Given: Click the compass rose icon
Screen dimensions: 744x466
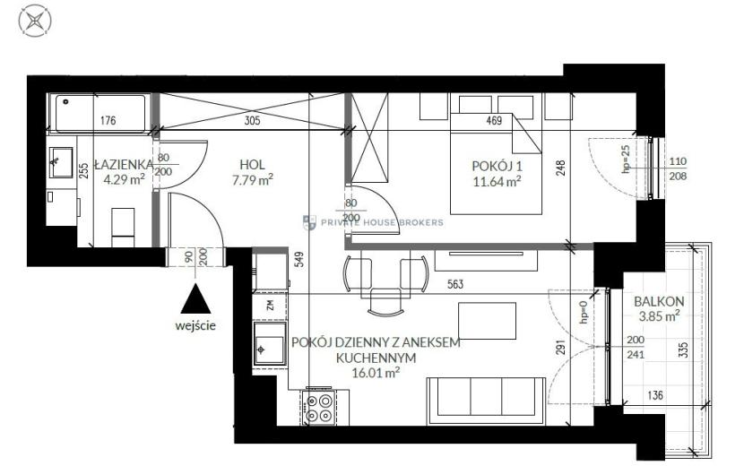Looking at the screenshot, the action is tap(35, 21).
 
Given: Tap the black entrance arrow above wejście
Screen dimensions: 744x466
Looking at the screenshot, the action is tap(195, 298).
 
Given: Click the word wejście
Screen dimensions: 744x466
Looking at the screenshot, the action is tap(195, 326).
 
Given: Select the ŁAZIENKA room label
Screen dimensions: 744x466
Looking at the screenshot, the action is tap(124, 165).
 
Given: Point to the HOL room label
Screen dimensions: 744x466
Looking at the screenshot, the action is tap(252, 165).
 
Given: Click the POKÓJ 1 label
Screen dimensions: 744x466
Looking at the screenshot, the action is tap(497, 166).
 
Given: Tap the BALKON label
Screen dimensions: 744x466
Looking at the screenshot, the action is tap(659, 301).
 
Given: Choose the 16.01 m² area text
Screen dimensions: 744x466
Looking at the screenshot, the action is tap(376, 373).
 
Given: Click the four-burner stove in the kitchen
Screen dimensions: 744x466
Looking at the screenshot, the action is tap(318, 408).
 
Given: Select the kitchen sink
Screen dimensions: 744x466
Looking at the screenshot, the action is tap(270, 344).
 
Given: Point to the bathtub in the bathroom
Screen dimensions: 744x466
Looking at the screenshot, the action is tap(100, 114).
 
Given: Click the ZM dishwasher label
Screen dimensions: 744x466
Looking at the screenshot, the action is tap(271, 305).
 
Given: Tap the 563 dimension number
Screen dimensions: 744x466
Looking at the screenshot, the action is tap(455, 284).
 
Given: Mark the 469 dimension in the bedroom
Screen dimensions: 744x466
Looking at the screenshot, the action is tap(494, 121).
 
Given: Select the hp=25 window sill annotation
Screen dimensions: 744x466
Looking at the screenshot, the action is tap(626, 159).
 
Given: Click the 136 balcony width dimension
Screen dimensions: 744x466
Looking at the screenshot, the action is tap(655, 395).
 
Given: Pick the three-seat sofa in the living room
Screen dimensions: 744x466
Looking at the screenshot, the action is tap(487, 401).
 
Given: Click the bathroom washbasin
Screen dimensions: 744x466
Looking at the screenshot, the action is tap(61, 162).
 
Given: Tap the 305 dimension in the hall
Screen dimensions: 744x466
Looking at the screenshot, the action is tap(252, 121).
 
